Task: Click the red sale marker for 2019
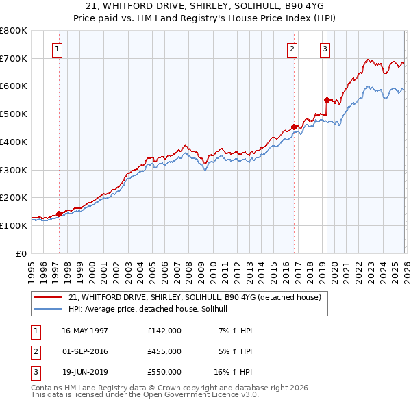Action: [x=327, y=100]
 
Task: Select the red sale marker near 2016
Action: [x=294, y=127]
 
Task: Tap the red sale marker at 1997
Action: [x=60, y=214]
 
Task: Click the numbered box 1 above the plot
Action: [x=57, y=49]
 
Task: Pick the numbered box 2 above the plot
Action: [x=292, y=49]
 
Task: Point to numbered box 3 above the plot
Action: [x=325, y=49]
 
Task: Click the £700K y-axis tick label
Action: [x=14, y=58]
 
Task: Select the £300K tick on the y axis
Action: [x=14, y=170]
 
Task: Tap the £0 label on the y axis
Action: [x=21, y=253]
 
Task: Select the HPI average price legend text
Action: [x=152, y=310]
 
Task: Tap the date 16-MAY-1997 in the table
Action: [x=85, y=331]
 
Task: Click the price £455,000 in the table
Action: [x=164, y=351]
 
